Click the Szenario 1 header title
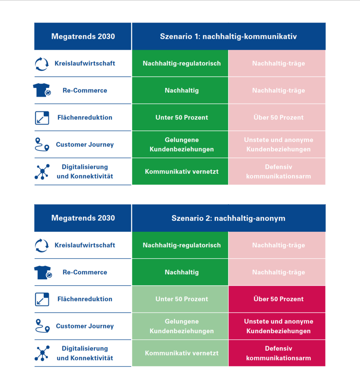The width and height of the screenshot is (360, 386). [x=228, y=37]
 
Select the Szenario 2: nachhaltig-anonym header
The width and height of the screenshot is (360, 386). [x=228, y=218]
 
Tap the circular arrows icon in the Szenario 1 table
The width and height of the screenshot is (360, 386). [x=42, y=64]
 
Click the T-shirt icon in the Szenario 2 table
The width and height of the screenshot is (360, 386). [x=43, y=272]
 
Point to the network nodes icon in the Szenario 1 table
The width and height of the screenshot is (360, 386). [x=42, y=172]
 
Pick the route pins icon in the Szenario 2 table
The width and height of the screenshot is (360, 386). [x=43, y=326]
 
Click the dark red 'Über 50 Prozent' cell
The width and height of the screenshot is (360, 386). [x=277, y=299]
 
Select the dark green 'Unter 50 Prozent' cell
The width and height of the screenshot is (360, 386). [x=180, y=118]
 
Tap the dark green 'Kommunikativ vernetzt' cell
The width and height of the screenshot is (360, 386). [x=180, y=172]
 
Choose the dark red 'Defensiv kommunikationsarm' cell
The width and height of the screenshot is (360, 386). [x=277, y=353]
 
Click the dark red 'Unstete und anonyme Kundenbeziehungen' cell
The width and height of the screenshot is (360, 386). [x=277, y=326]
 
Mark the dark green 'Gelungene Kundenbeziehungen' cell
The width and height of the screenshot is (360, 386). [x=180, y=144]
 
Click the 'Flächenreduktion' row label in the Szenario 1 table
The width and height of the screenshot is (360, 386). [x=85, y=118]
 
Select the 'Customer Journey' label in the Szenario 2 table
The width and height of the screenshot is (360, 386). [x=85, y=326]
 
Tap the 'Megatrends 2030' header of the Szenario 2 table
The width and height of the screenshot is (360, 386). [x=83, y=218]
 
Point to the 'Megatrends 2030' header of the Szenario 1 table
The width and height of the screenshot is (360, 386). [x=83, y=37]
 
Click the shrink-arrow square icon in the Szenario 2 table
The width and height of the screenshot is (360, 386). [x=42, y=299]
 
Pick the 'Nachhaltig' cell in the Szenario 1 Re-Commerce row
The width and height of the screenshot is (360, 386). [x=180, y=90]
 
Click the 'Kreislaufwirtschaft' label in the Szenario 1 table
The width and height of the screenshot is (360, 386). [x=85, y=63]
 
